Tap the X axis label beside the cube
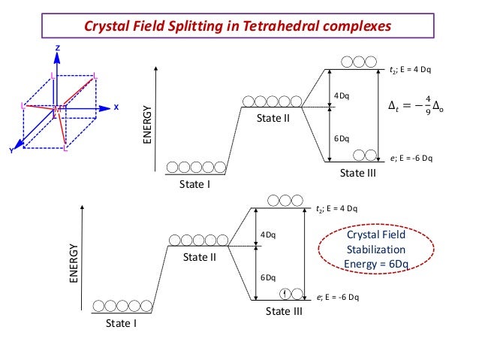(x=116, y=107)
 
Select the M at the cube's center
(x=57, y=110)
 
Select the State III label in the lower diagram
(x=284, y=312)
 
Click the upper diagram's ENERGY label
(x=148, y=126)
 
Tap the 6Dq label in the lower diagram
(x=268, y=277)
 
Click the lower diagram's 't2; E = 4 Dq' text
(x=336, y=208)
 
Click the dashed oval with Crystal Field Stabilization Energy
(x=374, y=249)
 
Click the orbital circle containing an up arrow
(x=286, y=292)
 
